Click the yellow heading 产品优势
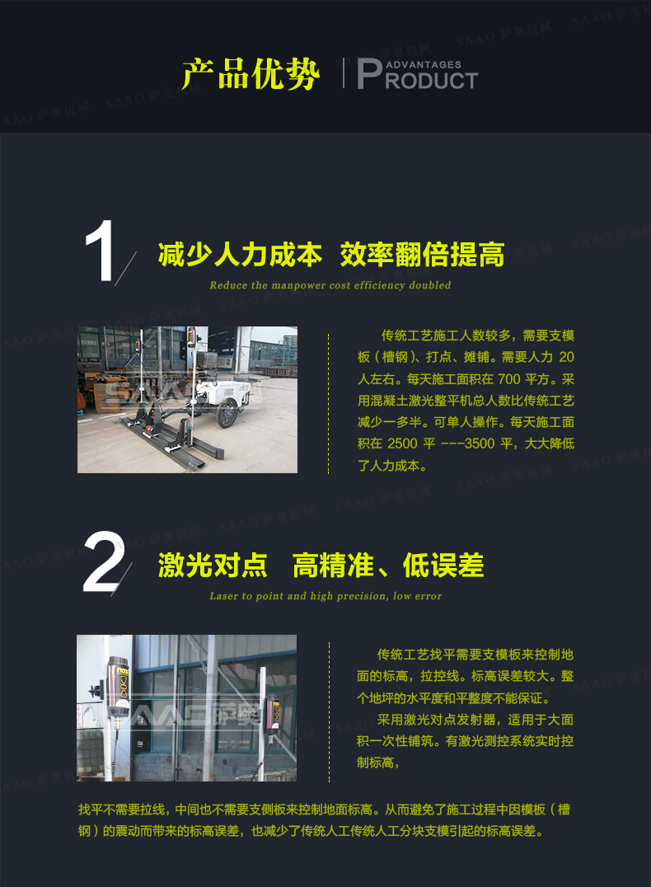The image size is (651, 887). (251, 73)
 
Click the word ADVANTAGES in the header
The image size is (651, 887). (424, 65)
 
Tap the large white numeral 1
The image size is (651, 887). (100, 251)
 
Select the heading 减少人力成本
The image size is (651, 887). (241, 255)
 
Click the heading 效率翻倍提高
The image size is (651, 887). (422, 255)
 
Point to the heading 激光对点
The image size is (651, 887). (213, 566)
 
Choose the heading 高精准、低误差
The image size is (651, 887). (388, 566)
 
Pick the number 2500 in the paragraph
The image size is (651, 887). (402, 443)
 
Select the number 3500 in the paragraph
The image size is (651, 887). (480, 443)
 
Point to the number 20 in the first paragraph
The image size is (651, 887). (566, 357)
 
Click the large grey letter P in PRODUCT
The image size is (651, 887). (370, 74)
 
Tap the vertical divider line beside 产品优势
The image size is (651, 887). (344, 73)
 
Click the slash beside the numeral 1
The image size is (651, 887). (125, 269)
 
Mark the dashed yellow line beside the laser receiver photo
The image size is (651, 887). (329, 711)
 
